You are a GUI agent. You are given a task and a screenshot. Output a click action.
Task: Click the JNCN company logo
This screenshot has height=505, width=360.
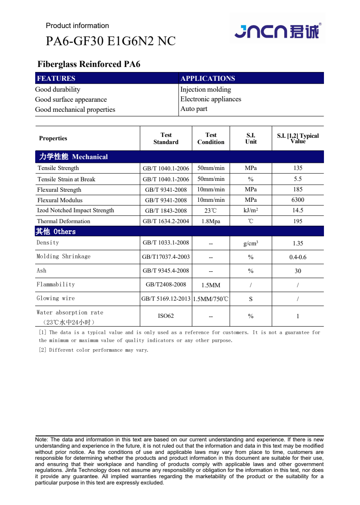(277, 31)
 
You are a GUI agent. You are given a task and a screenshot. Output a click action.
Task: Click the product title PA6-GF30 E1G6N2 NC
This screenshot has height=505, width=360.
(110, 41)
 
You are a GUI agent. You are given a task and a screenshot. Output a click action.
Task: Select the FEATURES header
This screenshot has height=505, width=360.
(56, 78)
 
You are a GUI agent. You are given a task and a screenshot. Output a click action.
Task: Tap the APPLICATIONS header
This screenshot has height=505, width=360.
(207, 78)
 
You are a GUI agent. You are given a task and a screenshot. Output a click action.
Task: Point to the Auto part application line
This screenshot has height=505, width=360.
(194, 109)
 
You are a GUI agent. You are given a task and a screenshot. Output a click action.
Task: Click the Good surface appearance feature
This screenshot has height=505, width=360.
(71, 99)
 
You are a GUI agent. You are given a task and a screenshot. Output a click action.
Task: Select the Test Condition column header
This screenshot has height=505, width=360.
(211, 138)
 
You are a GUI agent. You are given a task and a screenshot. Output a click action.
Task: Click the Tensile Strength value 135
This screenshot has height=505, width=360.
(298, 168)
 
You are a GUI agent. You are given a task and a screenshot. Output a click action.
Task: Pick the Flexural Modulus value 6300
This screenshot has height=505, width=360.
(298, 200)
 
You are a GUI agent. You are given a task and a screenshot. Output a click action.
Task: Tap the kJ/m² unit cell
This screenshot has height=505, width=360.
(251, 210)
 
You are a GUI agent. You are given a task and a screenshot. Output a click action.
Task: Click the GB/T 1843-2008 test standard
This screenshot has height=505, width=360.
(166, 211)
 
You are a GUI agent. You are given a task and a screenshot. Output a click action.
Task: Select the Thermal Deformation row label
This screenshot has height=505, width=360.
(64, 221)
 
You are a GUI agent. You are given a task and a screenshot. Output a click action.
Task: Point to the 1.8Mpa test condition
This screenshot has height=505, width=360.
(211, 221)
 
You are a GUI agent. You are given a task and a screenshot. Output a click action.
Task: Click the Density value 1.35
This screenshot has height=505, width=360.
(298, 243)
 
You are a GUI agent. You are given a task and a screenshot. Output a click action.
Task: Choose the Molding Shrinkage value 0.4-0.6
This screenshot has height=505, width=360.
(298, 257)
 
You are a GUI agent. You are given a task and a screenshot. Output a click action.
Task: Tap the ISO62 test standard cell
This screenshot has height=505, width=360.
(166, 316)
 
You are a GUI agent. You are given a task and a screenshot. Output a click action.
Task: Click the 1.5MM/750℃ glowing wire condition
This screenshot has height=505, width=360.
(211, 299)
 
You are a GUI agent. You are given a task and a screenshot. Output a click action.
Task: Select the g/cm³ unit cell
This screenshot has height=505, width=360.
(251, 243)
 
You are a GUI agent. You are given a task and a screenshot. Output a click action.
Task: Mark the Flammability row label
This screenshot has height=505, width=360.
(56, 284)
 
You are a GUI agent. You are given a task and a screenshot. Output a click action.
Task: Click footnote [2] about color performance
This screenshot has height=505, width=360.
(93, 350)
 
